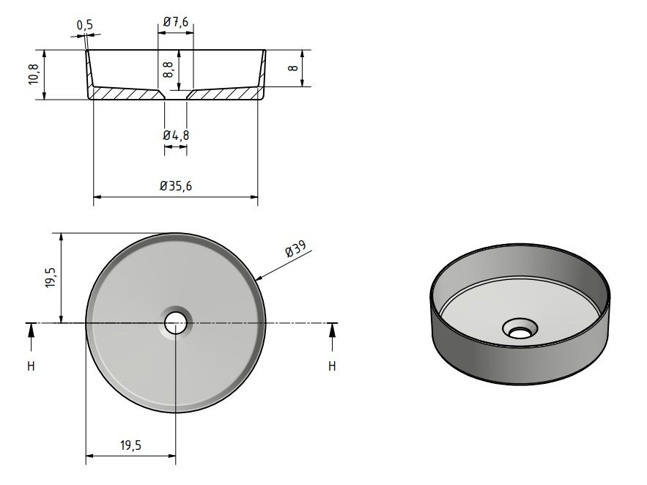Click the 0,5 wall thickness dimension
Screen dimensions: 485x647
coord(85,26)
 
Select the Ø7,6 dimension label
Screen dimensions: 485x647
coord(176,23)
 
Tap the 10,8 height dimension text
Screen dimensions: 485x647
coord(33,75)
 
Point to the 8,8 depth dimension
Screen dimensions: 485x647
coord(168,70)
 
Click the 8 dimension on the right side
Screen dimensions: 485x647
coord(292,68)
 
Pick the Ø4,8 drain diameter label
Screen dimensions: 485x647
coord(176,135)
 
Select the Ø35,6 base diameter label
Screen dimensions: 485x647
coord(176,186)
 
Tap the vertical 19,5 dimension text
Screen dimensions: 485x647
coord(50,278)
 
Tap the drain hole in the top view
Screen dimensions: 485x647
coord(176,322)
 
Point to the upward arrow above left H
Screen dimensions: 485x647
coord(31,333)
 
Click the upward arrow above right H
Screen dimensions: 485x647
coord(332,333)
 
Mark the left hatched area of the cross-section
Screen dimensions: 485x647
coord(125,94)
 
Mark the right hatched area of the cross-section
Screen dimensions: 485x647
coord(227,94)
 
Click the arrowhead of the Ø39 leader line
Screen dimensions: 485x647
coord(259,278)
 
